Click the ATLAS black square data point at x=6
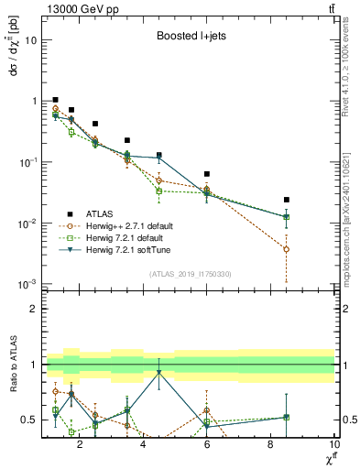tap(207, 174)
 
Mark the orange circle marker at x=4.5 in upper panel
tap(159, 180)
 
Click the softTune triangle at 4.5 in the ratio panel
tap(159, 372)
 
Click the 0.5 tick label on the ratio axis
tap(29, 420)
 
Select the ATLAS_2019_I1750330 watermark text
tap(189, 274)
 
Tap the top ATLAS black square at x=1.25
tap(56, 100)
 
